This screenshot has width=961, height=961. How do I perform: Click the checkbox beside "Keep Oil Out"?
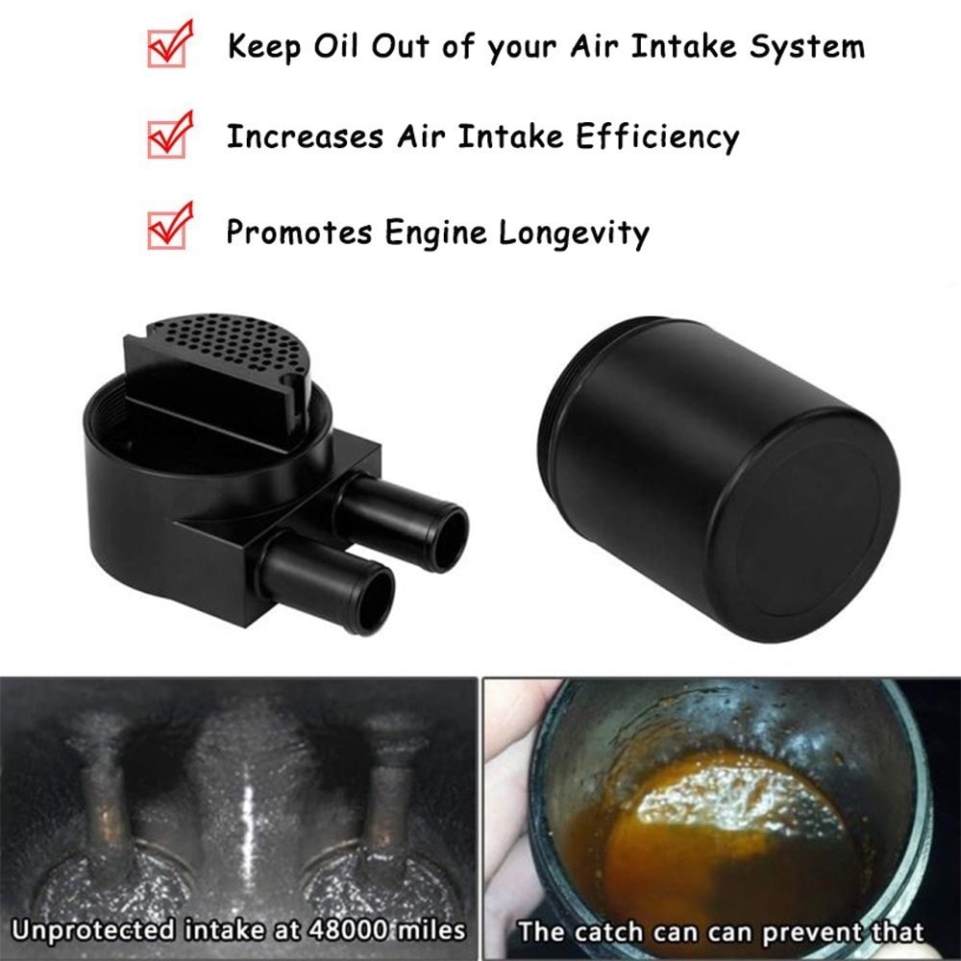pyautogui.click(x=169, y=46)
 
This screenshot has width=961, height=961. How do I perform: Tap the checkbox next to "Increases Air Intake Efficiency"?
pyautogui.click(x=169, y=137)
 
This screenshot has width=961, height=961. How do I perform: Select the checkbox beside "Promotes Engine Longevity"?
pyautogui.click(x=169, y=230)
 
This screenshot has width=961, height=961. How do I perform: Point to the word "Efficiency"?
pyautogui.click(x=657, y=137)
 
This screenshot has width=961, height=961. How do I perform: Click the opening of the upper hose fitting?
pyautogui.click(x=447, y=538)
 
